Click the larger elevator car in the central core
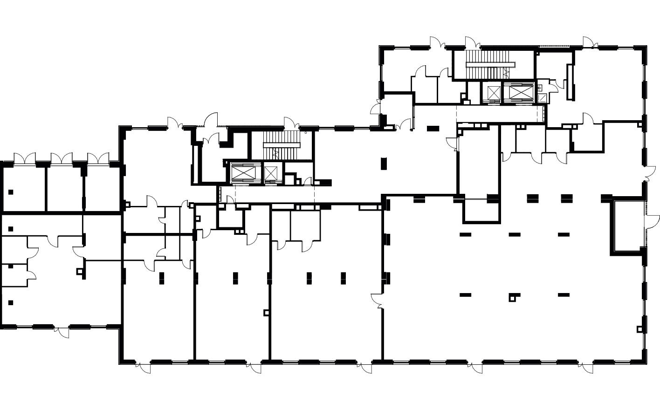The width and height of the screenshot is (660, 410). tap(244, 173)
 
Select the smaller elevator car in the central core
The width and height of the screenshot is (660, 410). tap(271, 173)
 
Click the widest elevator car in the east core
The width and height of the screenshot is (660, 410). tap(521, 92)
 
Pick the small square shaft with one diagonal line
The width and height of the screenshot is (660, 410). tap(542, 98)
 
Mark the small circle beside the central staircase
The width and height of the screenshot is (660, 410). tap(306, 133)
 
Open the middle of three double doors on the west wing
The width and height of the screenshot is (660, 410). tap(62, 158)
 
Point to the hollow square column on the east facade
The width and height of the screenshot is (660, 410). tap(640, 329)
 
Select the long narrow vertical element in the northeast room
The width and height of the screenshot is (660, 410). tap(569, 82)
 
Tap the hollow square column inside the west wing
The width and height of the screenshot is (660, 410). tap(80, 271)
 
